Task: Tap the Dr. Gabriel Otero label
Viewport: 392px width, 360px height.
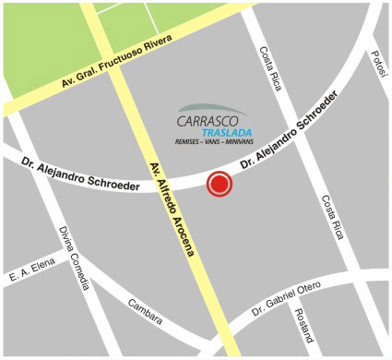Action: (x=286, y=303)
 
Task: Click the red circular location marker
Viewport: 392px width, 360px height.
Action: (x=220, y=185)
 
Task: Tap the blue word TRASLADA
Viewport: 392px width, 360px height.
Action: (x=223, y=132)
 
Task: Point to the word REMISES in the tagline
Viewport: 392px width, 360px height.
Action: (x=190, y=143)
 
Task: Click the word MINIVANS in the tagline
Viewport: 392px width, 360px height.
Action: (x=242, y=143)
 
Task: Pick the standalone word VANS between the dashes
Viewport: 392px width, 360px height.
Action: (x=215, y=143)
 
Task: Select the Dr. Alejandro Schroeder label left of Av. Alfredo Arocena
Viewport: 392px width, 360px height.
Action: (x=81, y=174)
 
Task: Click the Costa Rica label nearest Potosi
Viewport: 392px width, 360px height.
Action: (x=270, y=67)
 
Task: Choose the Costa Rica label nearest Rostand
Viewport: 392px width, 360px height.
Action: (x=333, y=218)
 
